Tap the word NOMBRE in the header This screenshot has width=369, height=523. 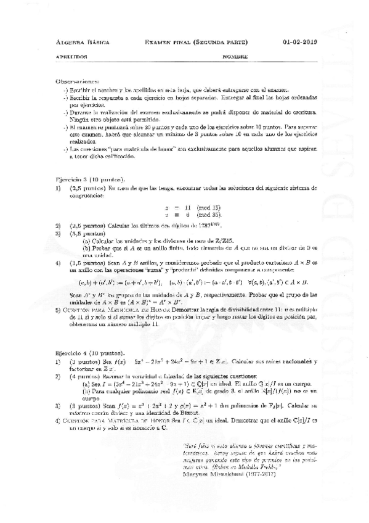tap(235, 57)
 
